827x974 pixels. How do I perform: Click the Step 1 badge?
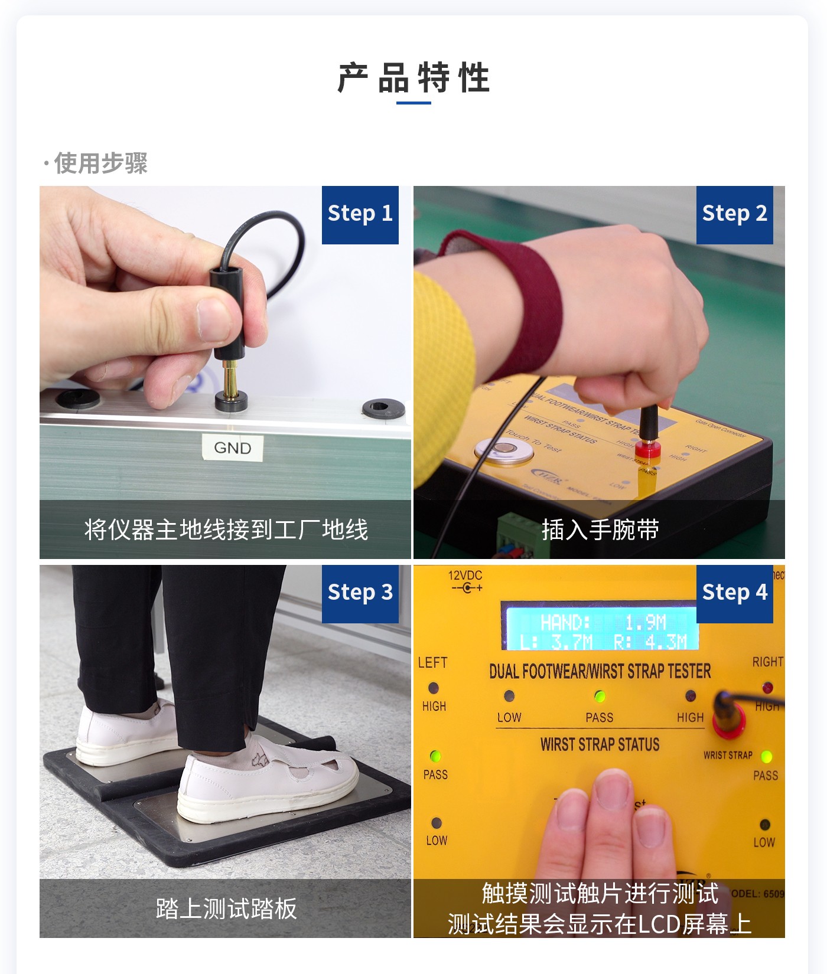(x=360, y=214)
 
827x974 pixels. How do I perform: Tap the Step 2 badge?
(x=734, y=214)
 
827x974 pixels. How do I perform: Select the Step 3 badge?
(x=360, y=593)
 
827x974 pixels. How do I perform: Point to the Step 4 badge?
(x=734, y=593)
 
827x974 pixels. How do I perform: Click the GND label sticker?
(x=232, y=447)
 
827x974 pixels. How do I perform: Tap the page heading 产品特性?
(x=413, y=79)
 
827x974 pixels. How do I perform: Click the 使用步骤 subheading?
(x=100, y=164)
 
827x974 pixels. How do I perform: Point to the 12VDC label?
(x=465, y=576)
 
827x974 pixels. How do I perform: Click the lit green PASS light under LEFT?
(x=435, y=756)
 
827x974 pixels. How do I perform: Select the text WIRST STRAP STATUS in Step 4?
(x=600, y=745)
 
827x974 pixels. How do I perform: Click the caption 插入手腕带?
(x=600, y=530)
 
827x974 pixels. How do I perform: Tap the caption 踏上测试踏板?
(x=226, y=908)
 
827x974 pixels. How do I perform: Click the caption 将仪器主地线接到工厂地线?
(x=226, y=530)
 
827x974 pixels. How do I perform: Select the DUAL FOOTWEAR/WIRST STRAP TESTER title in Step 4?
(x=600, y=671)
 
